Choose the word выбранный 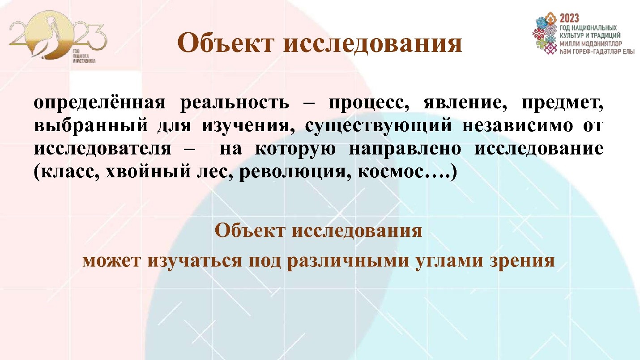(90, 126)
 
